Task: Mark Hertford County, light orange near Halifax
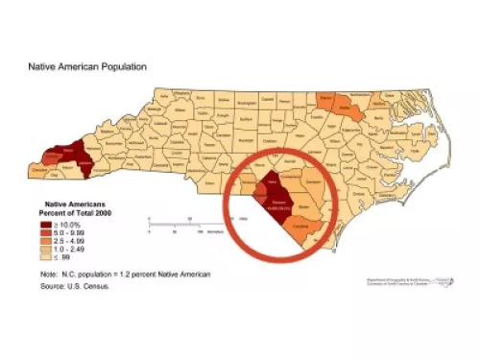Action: click(x=371, y=98)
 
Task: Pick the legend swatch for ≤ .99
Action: click(x=43, y=257)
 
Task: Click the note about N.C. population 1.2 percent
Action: click(x=95, y=276)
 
